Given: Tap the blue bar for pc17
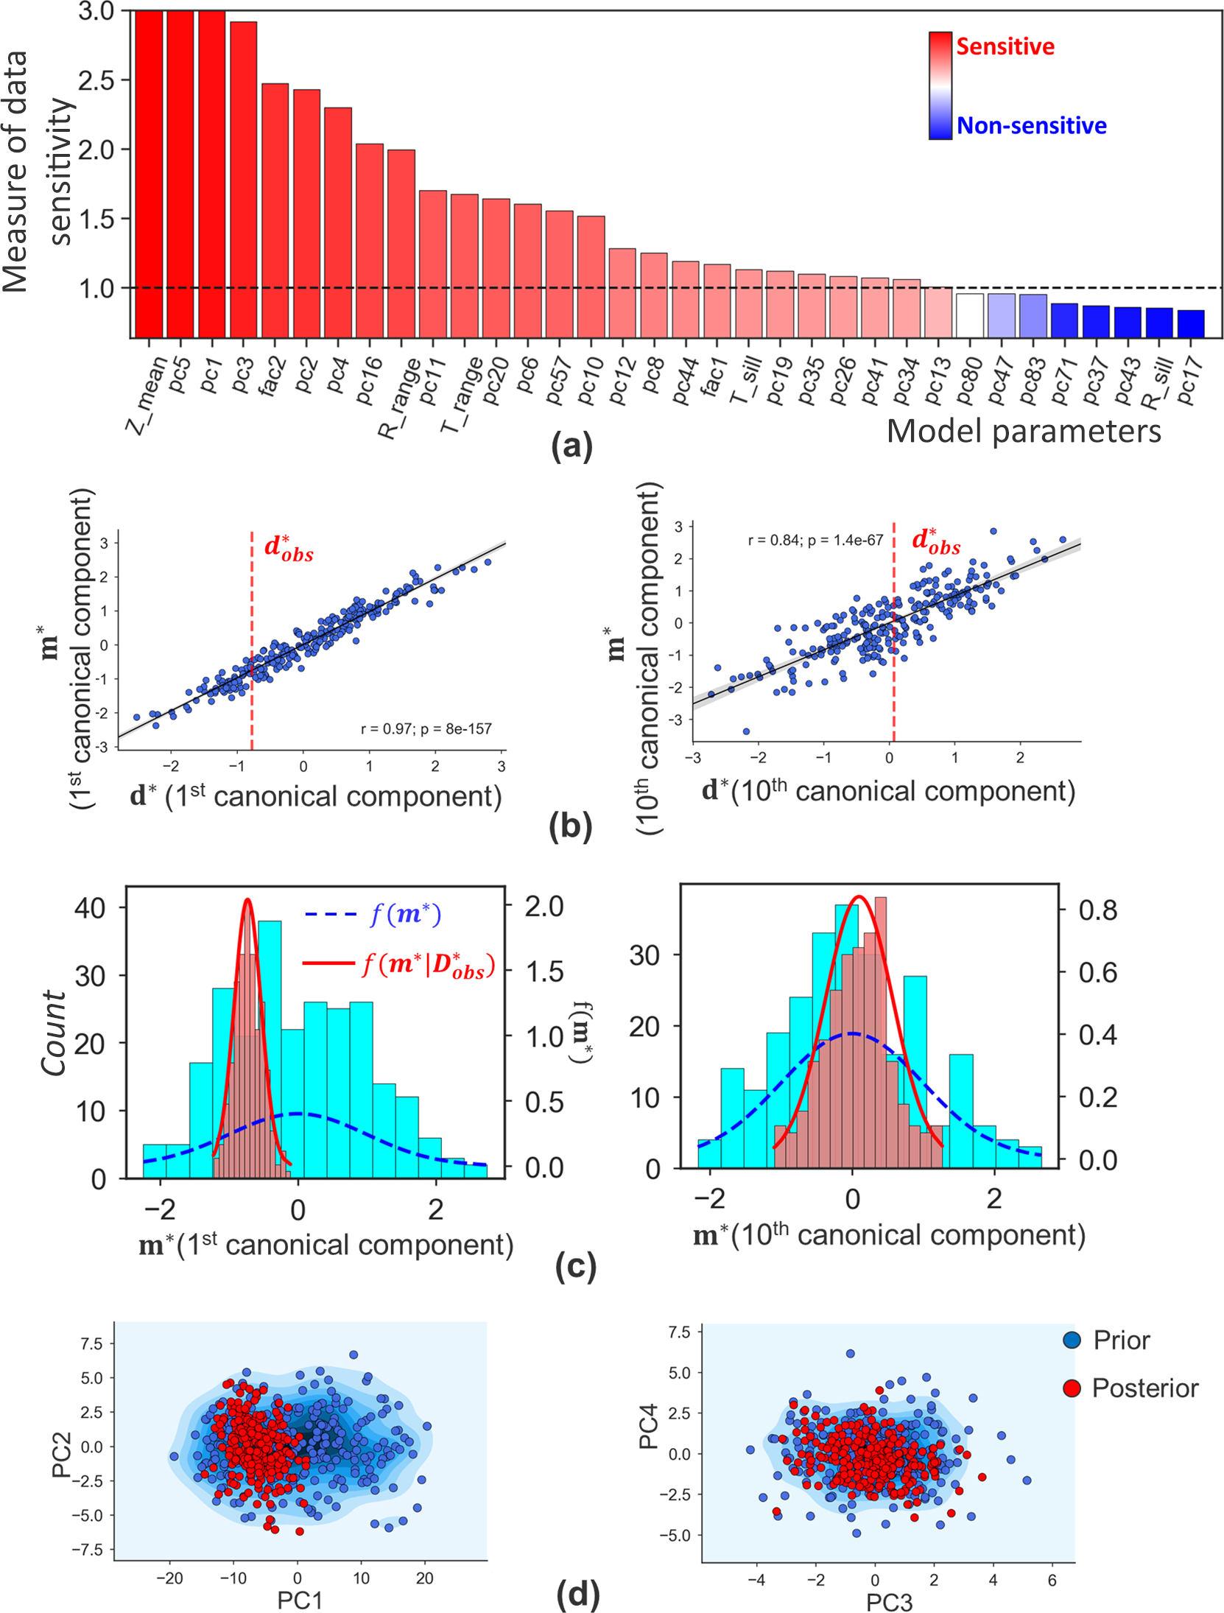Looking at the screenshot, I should click(x=1190, y=323).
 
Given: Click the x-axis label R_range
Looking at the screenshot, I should click(x=399, y=397).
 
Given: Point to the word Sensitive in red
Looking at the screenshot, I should click(x=1005, y=47).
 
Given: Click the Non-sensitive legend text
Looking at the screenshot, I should click(x=1031, y=126).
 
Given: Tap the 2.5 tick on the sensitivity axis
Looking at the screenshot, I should click(x=96, y=80).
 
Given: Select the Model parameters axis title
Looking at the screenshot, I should click(x=1023, y=431).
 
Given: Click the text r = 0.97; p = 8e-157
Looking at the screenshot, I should click(x=426, y=728).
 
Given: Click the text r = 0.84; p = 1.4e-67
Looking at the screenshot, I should click(x=815, y=540).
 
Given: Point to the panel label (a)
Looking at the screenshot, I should click(x=571, y=446).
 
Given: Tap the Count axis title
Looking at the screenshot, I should click(x=53, y=1032).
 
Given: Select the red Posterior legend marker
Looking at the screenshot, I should click(x=1072, y=1388).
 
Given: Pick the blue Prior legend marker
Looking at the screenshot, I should click(x=1072, y=1339).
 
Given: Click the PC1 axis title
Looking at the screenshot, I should click(x=299, y=1600).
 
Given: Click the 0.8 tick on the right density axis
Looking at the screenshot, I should click(x=1097, y=910).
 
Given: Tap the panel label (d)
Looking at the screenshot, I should click(x=578, y=1593).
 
